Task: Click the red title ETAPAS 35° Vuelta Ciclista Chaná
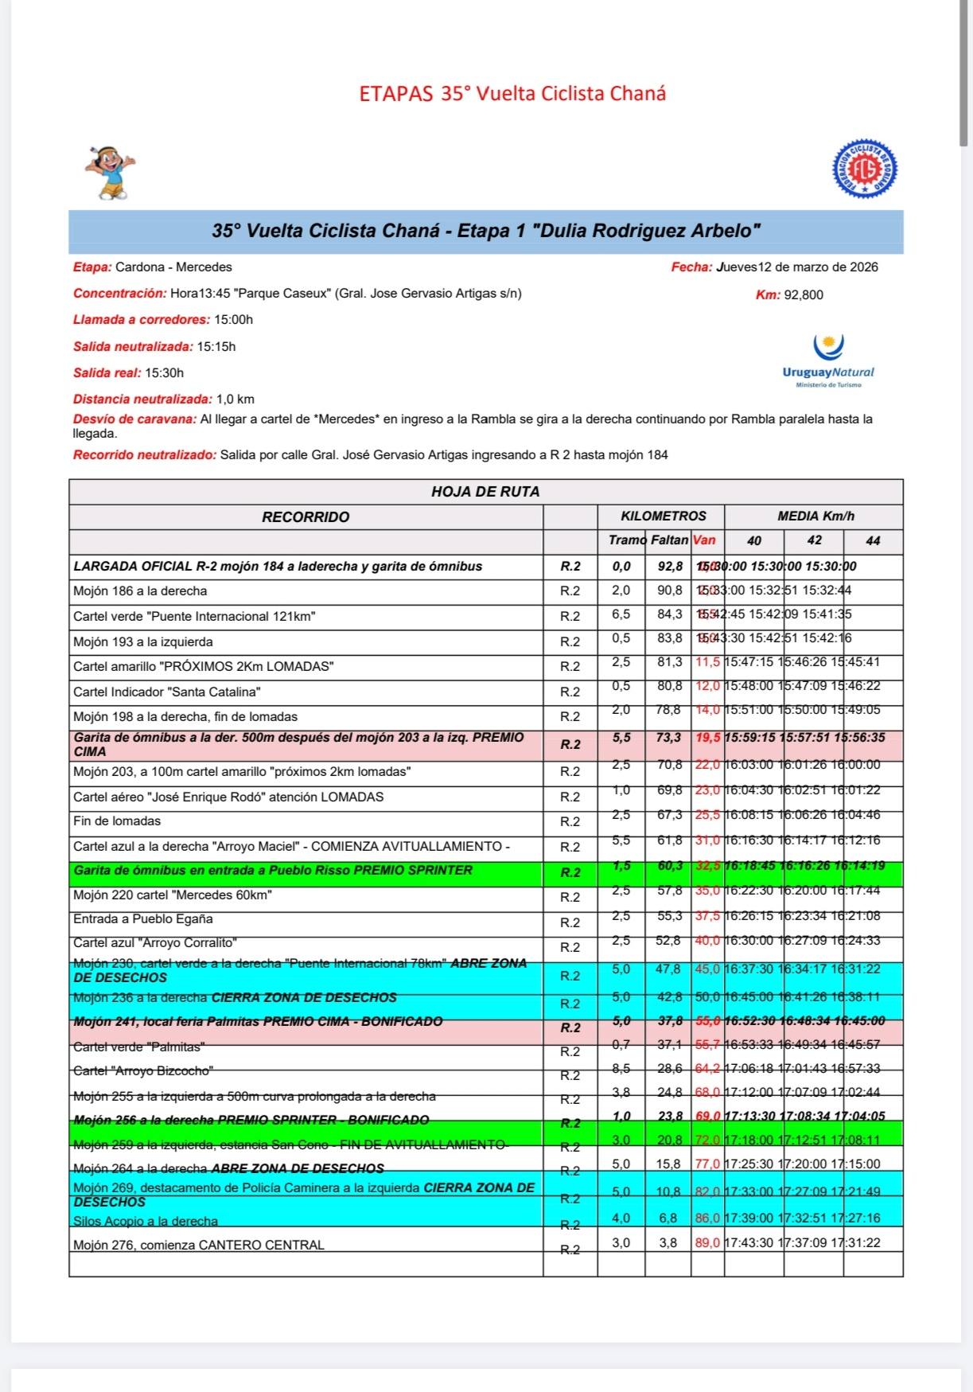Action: click(512, 94)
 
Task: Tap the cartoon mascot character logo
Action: click(111, 173)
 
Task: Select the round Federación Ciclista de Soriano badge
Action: click(865, 170)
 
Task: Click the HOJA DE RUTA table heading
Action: click(485, 492)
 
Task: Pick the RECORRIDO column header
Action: click(306, 517)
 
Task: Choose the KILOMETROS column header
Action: click(664, 516)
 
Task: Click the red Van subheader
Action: click(704, 540)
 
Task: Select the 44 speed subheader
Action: click(873, 540)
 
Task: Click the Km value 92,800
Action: click(804, 295)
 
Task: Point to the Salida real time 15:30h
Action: click(165, 372)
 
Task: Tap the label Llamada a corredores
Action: click(142, 320)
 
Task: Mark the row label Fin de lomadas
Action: click(117, 821)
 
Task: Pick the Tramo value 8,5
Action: click(621, 1069)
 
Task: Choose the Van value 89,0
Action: click(707, 1242)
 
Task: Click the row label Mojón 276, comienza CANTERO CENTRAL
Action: click(199, 1245)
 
